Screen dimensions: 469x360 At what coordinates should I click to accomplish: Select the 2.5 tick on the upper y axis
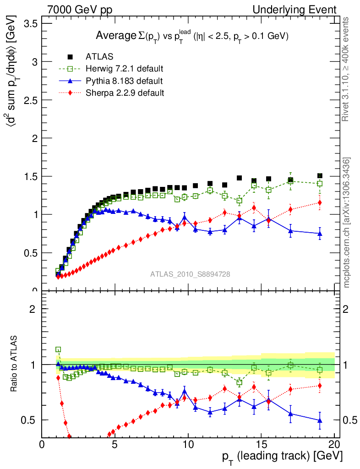(31, 100)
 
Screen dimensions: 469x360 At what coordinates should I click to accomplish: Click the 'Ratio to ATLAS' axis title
(15, 364)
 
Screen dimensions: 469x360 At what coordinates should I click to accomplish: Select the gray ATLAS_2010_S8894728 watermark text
(190, 274)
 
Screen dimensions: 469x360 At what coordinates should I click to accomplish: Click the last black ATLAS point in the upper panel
(320, 176)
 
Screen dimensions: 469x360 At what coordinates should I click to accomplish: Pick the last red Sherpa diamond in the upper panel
(320, 202)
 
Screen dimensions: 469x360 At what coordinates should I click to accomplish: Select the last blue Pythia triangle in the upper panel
(320, 233)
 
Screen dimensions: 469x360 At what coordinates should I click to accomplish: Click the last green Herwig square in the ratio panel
(320, 370)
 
